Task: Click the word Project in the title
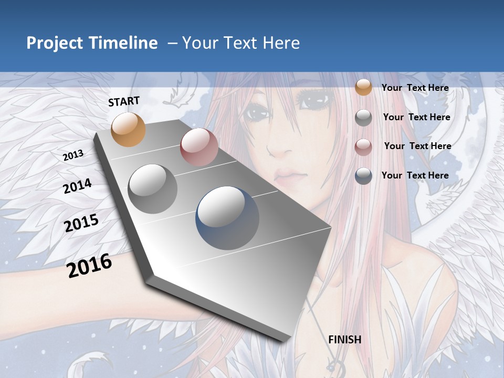point(54,43)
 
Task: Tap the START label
point(124,101)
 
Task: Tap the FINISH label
point(344,340)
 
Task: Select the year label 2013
point(73,155)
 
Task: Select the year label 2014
point(77,186)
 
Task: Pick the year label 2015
point(81,223)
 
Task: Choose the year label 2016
point(89,265)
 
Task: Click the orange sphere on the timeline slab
point(129,129)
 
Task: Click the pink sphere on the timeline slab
point(199,147)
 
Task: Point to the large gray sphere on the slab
point(153,188)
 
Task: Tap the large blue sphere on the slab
point(227,218)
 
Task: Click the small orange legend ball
point(363,87)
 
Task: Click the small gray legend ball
point(363,118)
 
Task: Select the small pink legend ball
point(363,147)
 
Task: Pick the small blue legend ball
point(363,176)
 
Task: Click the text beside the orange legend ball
point(415,88)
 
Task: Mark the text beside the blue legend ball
point(415,175)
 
